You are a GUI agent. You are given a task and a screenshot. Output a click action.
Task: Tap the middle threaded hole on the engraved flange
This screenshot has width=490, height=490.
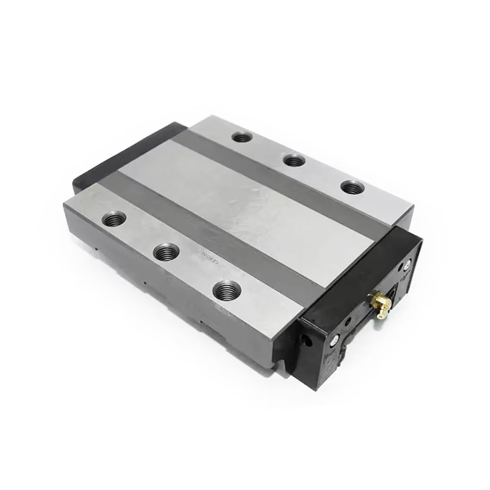[x=166, y=252]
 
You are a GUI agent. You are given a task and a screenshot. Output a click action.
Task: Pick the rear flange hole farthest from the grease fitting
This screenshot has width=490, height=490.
[x=241, y=137]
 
